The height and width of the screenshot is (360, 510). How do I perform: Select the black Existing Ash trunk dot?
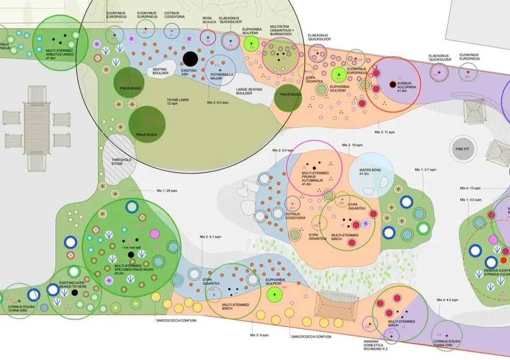point(190,58)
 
